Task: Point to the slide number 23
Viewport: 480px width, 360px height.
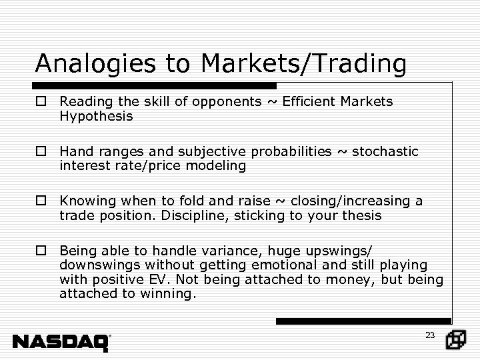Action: tap(429, 335)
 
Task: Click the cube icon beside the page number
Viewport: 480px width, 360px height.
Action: tap(457, 340)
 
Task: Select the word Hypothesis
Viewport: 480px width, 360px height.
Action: tap(96, 116)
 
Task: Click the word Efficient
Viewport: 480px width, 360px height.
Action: tap(309, 102)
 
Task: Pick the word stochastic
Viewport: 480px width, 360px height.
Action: tap(385, 152)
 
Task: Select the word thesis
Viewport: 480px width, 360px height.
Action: tap(359, 215)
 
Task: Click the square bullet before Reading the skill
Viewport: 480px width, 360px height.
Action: tap(41, 103)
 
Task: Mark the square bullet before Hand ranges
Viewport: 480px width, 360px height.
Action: tap(41, 152)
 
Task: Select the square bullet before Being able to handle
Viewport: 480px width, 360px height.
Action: tap(41, 251)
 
